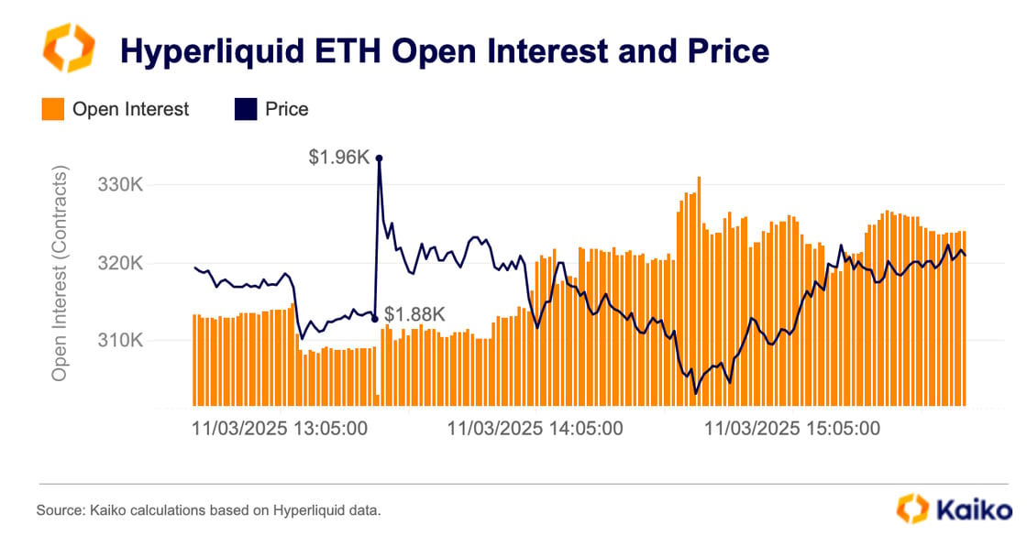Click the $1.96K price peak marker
click(379, 159)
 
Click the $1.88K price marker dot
click(375, 319)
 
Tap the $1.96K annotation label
click(339, 159)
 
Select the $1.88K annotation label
click(414, 315)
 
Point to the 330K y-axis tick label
click(119, 185)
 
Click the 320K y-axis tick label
click(119, 264)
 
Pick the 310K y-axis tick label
click(119, 341)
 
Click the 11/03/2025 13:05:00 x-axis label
click(280, 428)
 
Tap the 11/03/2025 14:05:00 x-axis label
click(535, 428)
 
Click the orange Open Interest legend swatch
click(52, 110)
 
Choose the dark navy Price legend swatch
click(245, 110)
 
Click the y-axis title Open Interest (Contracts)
click(61, 274)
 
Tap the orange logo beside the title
click(70, 49)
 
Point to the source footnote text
click(208, 509)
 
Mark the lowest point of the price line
click(696, 393)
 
